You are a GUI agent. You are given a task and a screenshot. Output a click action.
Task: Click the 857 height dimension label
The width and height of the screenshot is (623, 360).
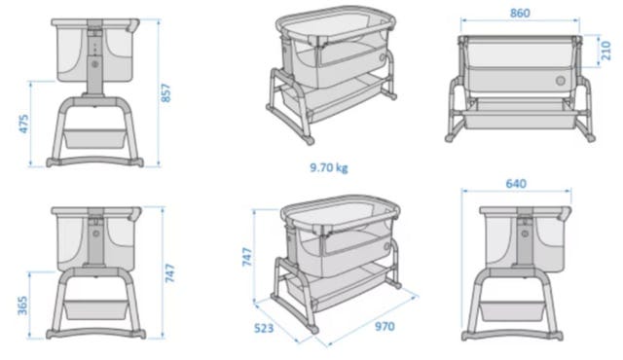(x=166, y=92)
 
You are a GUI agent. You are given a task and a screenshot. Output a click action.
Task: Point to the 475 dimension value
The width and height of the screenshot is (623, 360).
(x=23, y=124)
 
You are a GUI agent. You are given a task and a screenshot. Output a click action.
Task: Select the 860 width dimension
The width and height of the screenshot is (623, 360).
(x=520, y=13)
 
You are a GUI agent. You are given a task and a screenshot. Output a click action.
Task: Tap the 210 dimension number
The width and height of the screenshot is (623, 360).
(x=605, y=51)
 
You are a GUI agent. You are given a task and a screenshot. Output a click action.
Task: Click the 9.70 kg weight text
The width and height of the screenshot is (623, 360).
(x=329, y=167)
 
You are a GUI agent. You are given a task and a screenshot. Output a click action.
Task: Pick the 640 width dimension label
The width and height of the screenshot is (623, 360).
(x=516, y=184)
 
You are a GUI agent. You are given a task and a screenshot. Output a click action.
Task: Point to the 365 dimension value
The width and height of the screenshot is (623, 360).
(x=23, y=306)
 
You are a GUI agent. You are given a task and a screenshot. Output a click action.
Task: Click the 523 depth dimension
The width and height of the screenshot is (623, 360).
(x=264, y=328)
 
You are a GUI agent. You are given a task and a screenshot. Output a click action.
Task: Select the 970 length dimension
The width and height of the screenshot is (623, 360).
(x=385, y=326)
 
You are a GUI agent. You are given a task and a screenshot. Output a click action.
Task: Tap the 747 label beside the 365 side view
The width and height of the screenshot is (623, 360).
(x=170, y=273)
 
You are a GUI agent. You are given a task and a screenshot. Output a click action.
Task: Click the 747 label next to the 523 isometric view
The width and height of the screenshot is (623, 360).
(x=247, y=257)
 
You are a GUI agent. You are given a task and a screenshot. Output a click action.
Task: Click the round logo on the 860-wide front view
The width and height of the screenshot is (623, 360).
(x=561, y=81)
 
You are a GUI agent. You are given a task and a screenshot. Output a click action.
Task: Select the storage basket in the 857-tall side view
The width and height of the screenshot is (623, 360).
(x=95, y=138)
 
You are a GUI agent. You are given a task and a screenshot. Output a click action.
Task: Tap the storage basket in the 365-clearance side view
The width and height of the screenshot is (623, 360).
(x=95, y=309)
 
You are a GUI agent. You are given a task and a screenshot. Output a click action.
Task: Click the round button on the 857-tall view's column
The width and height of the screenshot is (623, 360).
(x=95, y=63)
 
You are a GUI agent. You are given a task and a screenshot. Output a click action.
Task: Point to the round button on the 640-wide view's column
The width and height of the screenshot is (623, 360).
(x=526, y=234)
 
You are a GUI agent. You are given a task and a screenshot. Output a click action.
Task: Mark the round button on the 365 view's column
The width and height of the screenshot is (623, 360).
(x=95, y=234)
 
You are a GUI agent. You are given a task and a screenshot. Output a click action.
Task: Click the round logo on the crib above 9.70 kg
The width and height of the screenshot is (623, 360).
(x=382, y=57)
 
